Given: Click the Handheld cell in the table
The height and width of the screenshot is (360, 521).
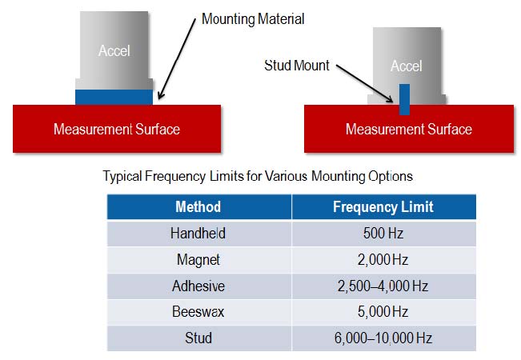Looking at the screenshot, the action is click(199, 233).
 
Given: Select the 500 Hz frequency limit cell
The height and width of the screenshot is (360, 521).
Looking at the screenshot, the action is click(384, 233).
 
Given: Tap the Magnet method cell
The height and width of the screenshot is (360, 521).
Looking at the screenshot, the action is click(199, 260).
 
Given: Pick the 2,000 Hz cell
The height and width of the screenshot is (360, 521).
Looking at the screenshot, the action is click(384, 260).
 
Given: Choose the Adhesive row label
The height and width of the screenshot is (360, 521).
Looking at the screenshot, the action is click(199, 286).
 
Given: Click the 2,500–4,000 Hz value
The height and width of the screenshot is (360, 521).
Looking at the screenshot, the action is click(384, 286).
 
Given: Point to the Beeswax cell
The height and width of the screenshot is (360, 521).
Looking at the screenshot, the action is click(199, 312).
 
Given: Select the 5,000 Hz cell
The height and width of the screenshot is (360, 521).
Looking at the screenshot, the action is click(384, 312).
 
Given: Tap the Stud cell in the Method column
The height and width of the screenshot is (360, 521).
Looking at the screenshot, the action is click(199, 338).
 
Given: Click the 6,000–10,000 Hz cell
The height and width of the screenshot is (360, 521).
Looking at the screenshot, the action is click(384, 338).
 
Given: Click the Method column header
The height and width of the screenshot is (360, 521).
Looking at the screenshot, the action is click(199, 207).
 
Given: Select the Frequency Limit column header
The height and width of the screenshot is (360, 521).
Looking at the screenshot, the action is click(384, 207).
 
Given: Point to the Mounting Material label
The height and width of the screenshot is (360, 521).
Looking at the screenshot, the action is click(253, 19).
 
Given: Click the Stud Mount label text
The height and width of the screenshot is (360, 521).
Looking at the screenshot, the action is click(297, 66).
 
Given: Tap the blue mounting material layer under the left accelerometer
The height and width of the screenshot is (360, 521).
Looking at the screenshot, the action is click(114, 97).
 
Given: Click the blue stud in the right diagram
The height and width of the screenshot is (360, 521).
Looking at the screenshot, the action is click(404, 99).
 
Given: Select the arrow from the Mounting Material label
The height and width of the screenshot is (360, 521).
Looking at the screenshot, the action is click(177, 59).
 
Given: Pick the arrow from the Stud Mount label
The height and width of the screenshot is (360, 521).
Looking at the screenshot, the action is click(364, 83).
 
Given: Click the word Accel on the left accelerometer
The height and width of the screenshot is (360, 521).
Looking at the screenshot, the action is click(114, 51).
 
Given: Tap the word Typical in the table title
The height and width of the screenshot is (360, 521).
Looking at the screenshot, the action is click(122, 176).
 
